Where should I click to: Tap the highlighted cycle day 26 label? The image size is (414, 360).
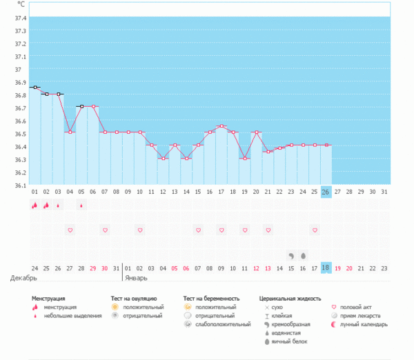coord(326,192)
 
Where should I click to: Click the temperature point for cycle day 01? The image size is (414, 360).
coord(34,87)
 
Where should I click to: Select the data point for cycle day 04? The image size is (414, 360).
coord(70,132)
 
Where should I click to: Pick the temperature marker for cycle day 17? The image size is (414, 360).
coord(221,126)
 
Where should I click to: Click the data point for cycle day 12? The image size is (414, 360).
coord(163,159)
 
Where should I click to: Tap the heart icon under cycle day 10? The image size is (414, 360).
coord(139,230)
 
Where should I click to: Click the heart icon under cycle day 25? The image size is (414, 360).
coord(315,230)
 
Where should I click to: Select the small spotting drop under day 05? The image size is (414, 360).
coord(81,206)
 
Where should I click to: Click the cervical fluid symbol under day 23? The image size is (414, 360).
coord(291,255)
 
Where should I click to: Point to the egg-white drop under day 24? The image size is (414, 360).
coord(303,255)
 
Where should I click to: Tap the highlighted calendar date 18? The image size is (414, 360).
coord(326,268)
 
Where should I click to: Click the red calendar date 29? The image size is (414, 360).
coord(93,268)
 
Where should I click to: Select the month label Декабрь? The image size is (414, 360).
coord(22,278)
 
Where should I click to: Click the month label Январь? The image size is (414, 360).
coord(135,278)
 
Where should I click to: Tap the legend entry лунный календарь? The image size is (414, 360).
coord(362,324)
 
